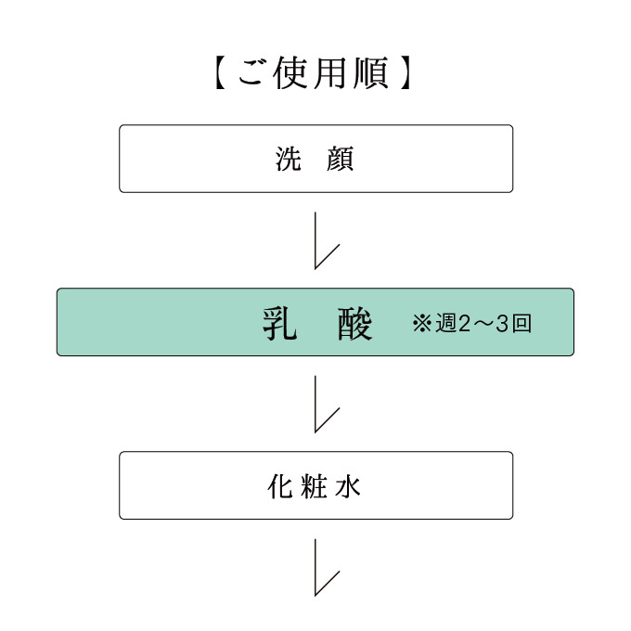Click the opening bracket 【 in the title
(218, 73)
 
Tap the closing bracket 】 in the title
(406, 73)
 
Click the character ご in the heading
(252, 73)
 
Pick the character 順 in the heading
(370, 73)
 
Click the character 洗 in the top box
(289, 159)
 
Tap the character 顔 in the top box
(340, 159)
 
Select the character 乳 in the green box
(280, 324)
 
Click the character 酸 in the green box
(354, 324)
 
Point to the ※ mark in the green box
(421, 324)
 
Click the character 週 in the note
(445, 324)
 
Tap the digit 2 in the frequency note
(464, 324)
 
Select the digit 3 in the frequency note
(502, 324)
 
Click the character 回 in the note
(522, 324)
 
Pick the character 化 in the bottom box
(279, 486)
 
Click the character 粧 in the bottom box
(314, 486)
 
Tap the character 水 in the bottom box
(347, 486)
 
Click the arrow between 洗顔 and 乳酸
(315, 240)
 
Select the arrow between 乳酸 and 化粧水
(315, 404)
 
